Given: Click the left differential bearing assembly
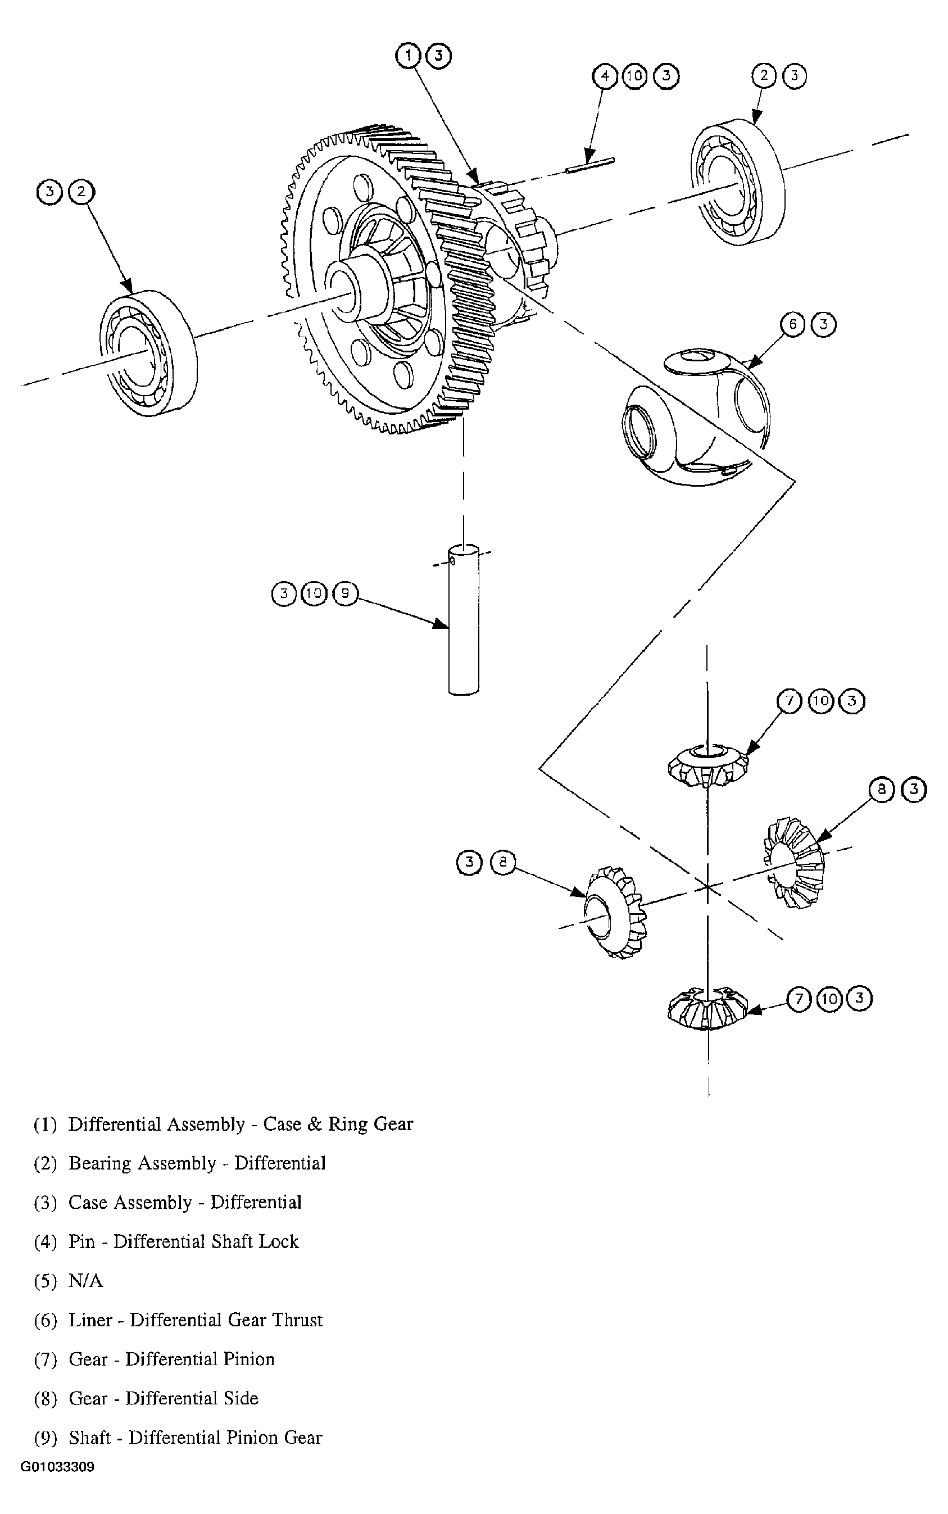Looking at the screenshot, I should (x=148, y=353).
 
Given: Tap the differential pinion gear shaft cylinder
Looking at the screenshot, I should (x=464, y=620).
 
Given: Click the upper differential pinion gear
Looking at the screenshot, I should (x=708, y=766).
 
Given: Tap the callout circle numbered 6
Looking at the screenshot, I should (x=793, y=325).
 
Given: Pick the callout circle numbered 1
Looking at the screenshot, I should (x=408, y=55).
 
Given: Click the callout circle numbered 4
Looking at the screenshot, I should (x=605, y=76).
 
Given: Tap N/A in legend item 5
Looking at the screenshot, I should (x=85, y=1281).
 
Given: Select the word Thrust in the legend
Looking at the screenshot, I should (x=297, y=1320).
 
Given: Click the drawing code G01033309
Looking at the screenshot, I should (x=57, y=1467).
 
